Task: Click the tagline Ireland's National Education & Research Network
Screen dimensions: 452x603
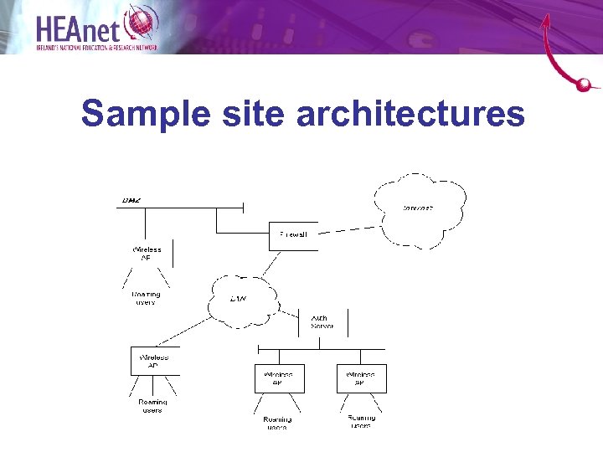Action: [x=95, y=49]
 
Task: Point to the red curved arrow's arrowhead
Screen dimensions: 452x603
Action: [x=547, y=19]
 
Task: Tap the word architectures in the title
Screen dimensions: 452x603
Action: [x=410, y=114]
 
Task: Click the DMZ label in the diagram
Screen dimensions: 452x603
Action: [x=131, y=200]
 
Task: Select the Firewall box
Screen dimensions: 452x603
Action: [x=293, y=235]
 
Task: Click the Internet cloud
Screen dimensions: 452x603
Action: [x=420, y=209]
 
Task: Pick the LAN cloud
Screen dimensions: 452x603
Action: [x=241, y=299]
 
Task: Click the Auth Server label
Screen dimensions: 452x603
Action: [x=322, y=322]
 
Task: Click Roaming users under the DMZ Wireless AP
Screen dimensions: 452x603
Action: [x=146, y=298]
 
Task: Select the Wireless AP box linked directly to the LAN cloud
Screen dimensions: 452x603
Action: [x=155, y=361]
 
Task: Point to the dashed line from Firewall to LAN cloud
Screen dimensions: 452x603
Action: [x=270, y=263]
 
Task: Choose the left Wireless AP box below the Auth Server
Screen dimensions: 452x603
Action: [x=279, y=378]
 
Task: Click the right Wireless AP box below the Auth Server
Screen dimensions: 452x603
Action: [x=361, y=378]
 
